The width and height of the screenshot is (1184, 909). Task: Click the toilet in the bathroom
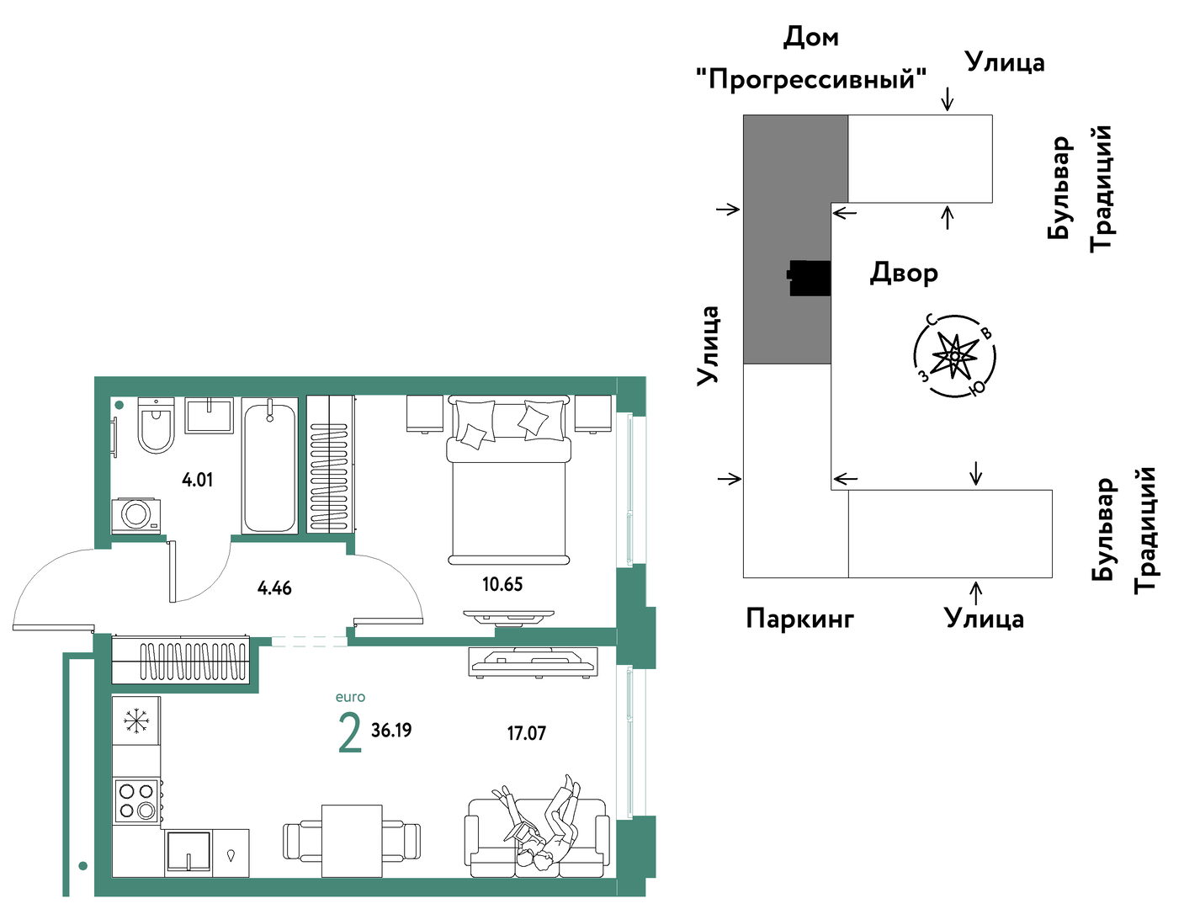(x=156, y=425)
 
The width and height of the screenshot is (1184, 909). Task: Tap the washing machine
(x=136, y=515)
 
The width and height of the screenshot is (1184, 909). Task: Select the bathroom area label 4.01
(x=197, y=480)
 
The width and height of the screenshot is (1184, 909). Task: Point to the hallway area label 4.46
(x=274, y=588)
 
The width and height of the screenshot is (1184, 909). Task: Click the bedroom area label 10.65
(x=502, y=585)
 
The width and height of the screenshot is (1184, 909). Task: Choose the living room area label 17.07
(x=526, y=734)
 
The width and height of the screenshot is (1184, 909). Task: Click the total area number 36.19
(x=391, y=731)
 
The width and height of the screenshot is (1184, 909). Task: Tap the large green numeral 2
(x=350, y=733)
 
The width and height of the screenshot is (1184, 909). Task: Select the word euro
(x=350, y=697)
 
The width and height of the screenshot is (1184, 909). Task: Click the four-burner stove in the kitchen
(x=136, y=801)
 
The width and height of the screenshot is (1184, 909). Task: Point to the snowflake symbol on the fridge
(x=136, y=721)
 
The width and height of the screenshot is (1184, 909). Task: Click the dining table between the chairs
(x=352, y=841)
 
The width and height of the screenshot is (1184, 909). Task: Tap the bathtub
(x=270, y=465)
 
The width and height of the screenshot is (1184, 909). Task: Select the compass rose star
(x=954, y=356)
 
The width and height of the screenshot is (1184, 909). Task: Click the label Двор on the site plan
(x=904, y=273)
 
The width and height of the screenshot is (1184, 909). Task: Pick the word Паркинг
(x=800, y=619)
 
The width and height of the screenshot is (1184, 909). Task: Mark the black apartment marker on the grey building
(x=810, y=278)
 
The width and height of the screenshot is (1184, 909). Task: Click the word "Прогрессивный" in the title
(x=811, y=80)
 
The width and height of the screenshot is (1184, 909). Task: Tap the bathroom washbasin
(x=210, y=415)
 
